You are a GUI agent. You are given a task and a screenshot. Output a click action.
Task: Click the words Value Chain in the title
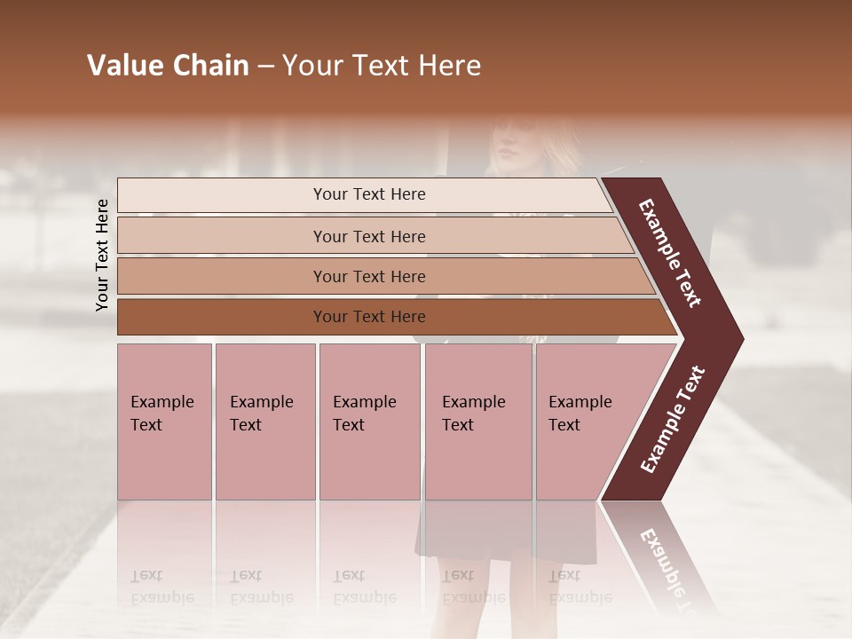tap(168, 66)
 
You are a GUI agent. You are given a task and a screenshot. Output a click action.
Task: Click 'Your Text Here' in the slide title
tap(382, 66)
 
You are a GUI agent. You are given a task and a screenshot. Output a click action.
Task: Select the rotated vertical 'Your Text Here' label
tap(102, 255)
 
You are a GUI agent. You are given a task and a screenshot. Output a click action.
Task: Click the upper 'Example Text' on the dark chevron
tap(670, 253)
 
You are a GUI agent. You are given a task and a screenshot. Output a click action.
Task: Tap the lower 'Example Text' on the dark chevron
tap(673, 419)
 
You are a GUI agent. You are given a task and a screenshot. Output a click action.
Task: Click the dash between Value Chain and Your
tap(265, 67)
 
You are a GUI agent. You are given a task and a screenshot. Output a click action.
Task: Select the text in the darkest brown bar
tap(369, 317)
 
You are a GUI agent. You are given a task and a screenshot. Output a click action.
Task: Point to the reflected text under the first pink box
tap(162, 587)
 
